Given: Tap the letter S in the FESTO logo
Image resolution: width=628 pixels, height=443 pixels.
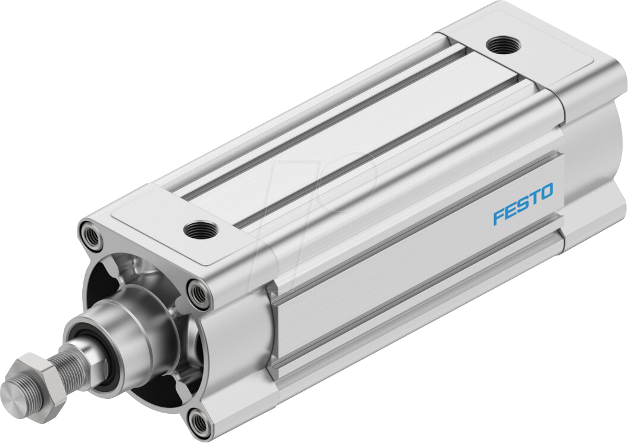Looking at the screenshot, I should click(x=523, y=204).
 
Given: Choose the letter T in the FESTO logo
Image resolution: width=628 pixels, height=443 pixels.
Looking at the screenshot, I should click(x=534, y=198).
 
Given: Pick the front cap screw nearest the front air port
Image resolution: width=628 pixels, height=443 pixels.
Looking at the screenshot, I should click(x=196, y=291).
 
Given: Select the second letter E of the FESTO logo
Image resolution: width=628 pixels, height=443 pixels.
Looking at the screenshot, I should click(x=510, y=210).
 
